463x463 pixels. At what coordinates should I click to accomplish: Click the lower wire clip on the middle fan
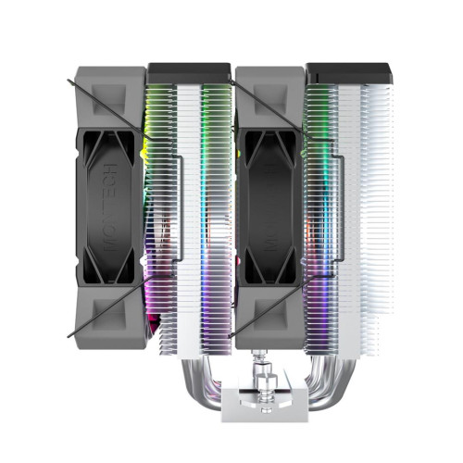point(269,310)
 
